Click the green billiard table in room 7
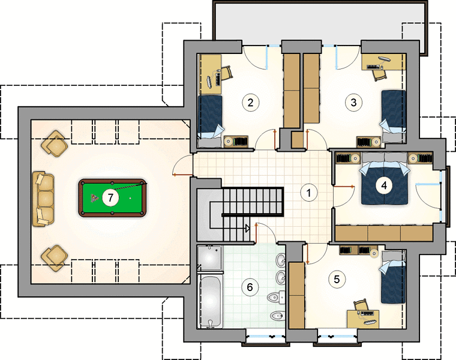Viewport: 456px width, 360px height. [x=113, y=198]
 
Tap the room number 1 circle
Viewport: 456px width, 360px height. [x=309, y=193]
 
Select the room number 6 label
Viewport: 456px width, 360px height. [x=250, y=287]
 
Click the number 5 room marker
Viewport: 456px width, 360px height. [x=337, y=280]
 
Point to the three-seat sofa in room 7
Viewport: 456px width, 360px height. [x=43, y=199]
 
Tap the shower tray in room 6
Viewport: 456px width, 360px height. [x=210, y=258]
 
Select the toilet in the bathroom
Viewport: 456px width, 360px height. [x=276, y=297]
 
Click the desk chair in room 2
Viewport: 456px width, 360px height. [x=227, y=73]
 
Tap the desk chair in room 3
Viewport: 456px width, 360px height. [x=380, y=76]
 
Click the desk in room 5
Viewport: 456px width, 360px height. [x=362, y=319]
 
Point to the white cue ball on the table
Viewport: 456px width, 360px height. [x=130, y=199]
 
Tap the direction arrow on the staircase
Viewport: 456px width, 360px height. [x=247, y=229]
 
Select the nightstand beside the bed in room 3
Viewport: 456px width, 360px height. [x=369, y=142]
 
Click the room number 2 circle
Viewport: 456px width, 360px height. [x=250, y=103]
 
